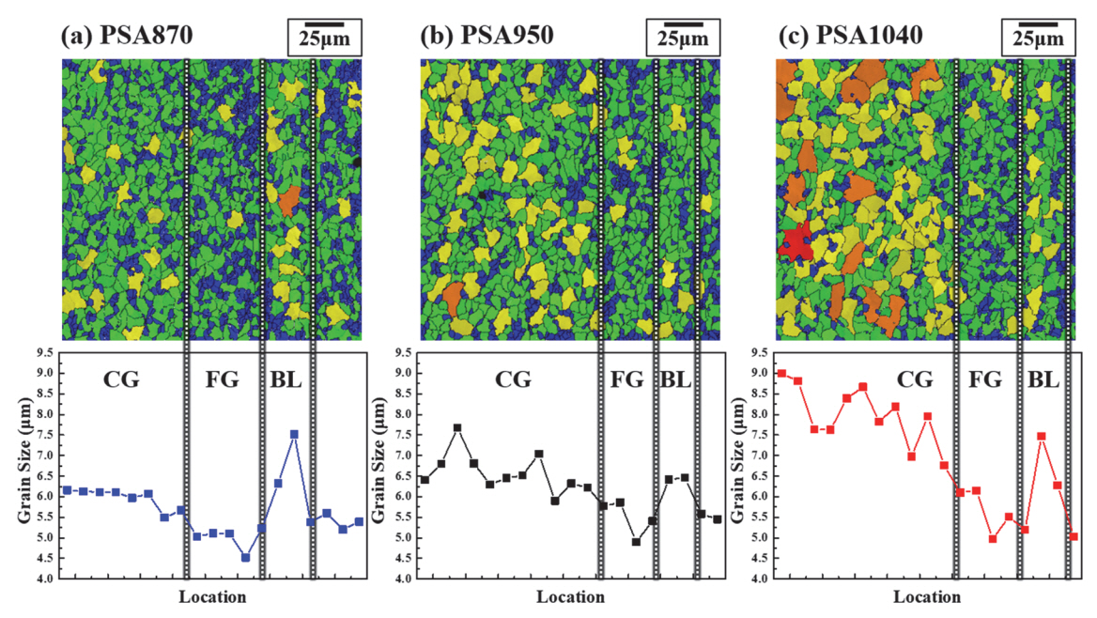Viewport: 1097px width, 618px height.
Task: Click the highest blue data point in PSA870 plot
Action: coord(294,435)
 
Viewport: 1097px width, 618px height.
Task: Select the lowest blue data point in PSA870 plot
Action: coord(245,558)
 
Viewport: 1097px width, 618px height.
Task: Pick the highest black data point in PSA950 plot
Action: coord(457,428)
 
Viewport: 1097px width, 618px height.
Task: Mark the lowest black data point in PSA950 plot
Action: coord(636,542)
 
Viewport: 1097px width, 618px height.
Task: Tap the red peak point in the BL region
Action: coord(1041,437)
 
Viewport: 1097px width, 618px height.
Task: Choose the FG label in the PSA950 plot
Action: coord(626,380)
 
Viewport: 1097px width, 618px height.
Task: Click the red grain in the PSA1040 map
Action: coord(794,242)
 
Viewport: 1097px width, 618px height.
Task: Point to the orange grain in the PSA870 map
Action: coord(289,199)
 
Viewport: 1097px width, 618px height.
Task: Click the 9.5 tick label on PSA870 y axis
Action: coord(45,353)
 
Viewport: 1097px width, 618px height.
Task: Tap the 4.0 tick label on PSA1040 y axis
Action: coord(759,579)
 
